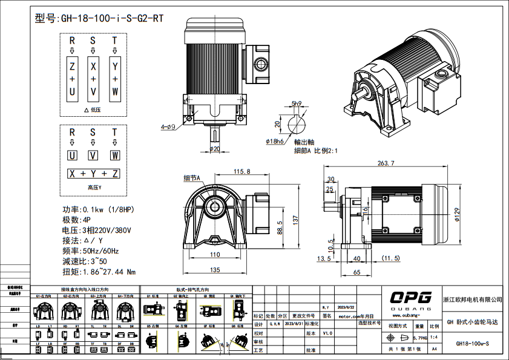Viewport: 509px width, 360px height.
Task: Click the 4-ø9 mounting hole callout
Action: coord(168,127)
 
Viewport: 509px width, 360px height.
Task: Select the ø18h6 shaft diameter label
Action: coord(275,141)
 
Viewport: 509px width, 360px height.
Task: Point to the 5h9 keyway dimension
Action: coord(297,103)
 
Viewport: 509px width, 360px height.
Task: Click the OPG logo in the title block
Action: coord(411,298)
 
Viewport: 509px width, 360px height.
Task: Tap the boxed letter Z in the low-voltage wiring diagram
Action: coord(72,65)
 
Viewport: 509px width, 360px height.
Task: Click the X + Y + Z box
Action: coord(93,174)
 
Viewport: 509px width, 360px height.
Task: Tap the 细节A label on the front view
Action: coord(191,178)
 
